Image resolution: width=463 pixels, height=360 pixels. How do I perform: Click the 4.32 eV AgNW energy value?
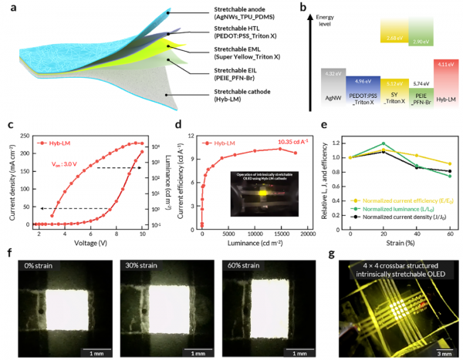click(x=335, y=73)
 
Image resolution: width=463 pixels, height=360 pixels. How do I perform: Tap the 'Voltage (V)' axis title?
click(x=83, y=241)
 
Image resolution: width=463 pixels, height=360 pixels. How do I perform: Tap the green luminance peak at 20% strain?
click(x=384, y=143)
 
